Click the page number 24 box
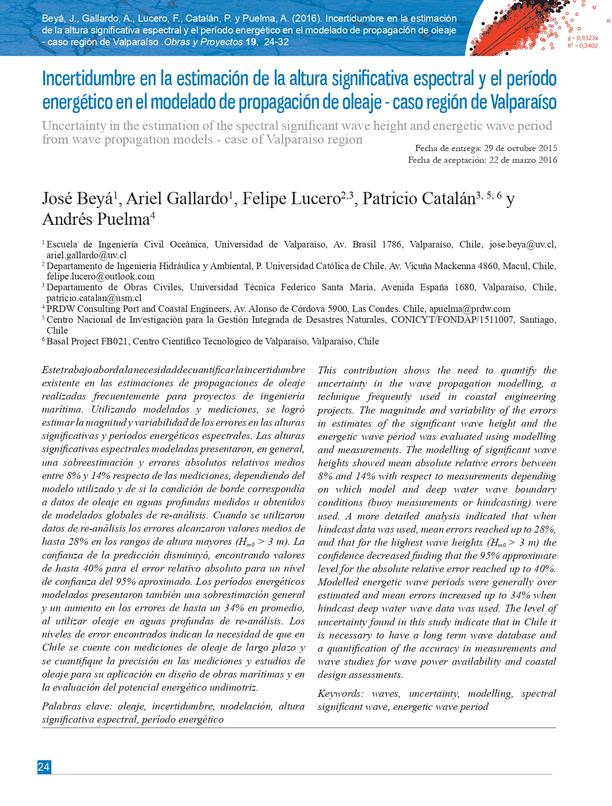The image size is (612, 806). click(x=44, y=767)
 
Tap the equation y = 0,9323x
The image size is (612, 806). click(x=583, y=38)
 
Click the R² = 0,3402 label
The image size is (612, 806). click(x=583, y=46)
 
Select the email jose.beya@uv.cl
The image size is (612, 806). click(x=522, y=244)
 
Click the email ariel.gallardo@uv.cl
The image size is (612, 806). click(x=87, y=255)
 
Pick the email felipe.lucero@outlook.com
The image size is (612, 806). click(x=100, y=276)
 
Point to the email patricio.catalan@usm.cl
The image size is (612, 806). click(x=94, y=298)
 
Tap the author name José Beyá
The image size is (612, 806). click(x=77, y=199)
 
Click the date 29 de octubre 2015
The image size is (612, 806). click(x=520, y=148)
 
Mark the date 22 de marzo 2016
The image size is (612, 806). click(x=523, y=160)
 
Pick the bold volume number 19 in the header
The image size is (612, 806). click(x=251, y=42)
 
